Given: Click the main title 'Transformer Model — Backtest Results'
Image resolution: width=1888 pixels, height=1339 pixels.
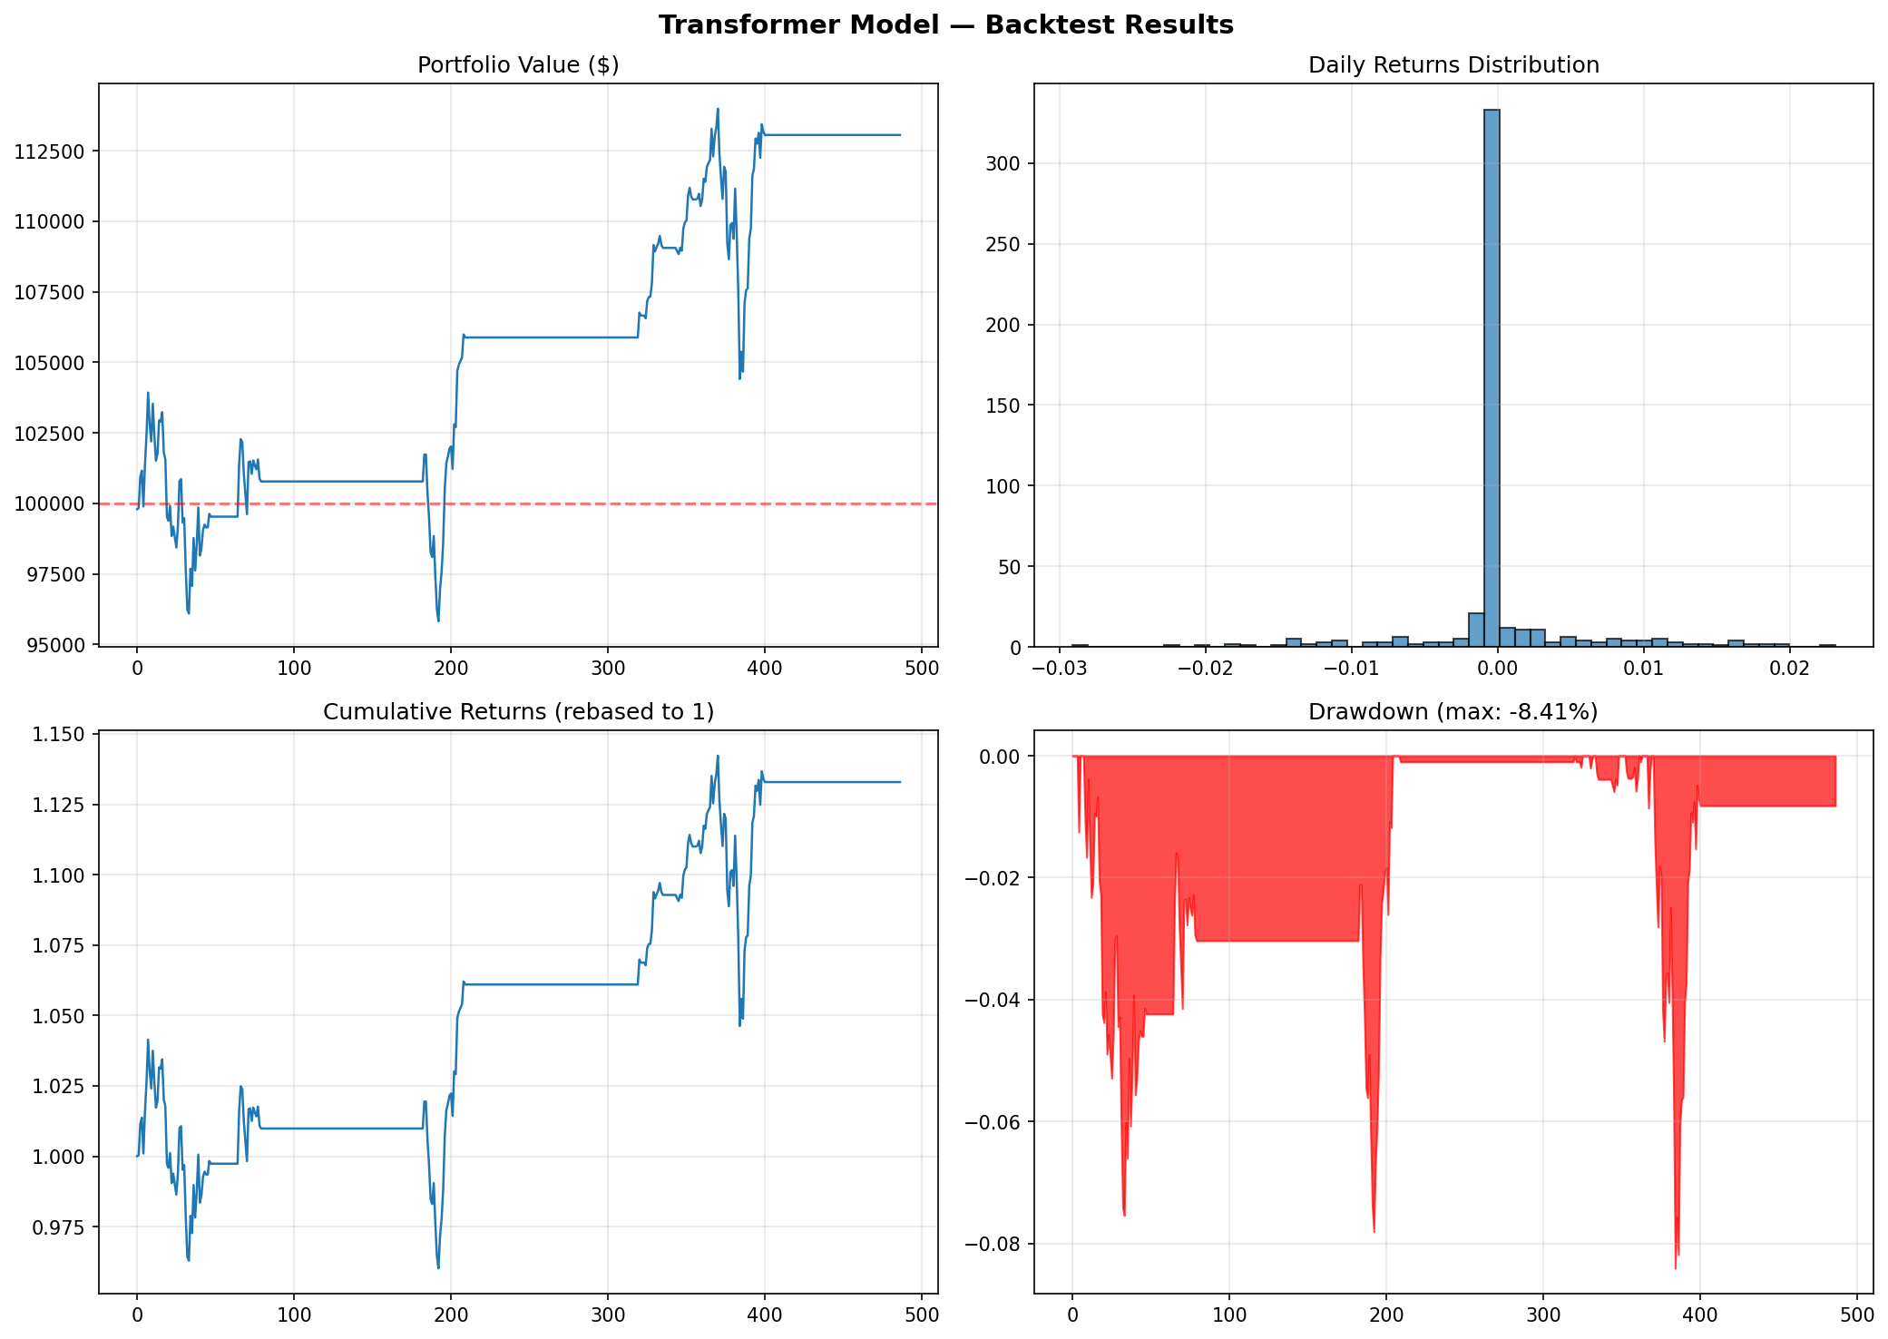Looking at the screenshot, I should tap(945, 25).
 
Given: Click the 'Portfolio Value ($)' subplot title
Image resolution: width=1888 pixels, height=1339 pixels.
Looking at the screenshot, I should tap(518, 65).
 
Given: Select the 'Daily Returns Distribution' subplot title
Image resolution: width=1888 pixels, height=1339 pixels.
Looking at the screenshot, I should tap(1453, 65).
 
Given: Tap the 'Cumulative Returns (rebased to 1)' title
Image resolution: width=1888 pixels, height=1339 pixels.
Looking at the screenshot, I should tap(518, 712).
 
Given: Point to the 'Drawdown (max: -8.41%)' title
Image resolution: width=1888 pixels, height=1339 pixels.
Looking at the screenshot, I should tap(1453, 712).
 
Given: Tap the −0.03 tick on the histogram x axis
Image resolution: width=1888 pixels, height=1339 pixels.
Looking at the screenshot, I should tap(1054, 669).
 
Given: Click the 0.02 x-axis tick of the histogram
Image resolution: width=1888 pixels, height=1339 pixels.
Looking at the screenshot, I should tap(1789, 669).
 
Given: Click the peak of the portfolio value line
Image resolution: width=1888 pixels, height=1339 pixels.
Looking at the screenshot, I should tap(718, 109).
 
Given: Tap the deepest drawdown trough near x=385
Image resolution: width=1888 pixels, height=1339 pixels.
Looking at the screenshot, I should tap(1676, 1267).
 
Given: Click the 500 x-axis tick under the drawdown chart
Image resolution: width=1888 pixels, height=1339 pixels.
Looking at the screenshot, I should tap(1856, 1316).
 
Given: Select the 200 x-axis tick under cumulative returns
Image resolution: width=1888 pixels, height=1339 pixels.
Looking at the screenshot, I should tap(451, 1316).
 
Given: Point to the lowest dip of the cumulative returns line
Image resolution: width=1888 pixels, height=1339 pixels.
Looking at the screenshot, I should tap(438, 1267).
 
